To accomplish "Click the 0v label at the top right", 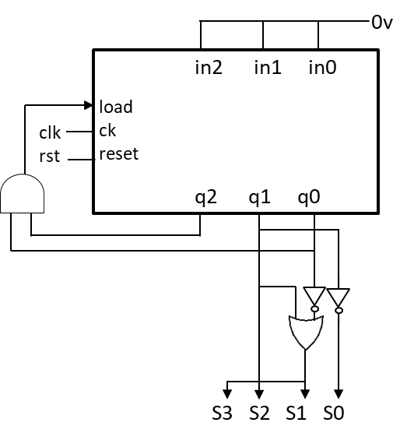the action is (x=382, y=23).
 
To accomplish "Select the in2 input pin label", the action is (x=209, y=67).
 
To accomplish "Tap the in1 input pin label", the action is (x=268, y=67).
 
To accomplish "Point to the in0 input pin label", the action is (x=322, y=67).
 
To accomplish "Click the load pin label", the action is (x=116, y=107).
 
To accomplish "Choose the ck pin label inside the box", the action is (x=107, y=130).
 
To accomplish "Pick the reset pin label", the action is (x=119, y=153).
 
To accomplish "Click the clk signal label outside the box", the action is (x=50, y=132).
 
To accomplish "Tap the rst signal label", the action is (x=50, y=156).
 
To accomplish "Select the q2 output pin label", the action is (x=206, y=198).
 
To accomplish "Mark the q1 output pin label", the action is (x=259, y=198).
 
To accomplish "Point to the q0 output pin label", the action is (x=308, y=198).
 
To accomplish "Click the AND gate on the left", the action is (x=22, y=194).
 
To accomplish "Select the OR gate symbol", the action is (x=306, y=333).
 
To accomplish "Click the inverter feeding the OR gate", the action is (x=314, y=299).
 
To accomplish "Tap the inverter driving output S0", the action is (x=339, y=301).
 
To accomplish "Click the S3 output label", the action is (x=222, y=413).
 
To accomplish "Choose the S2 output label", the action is (x=259, y=413).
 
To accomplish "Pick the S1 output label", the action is (x=296, y=413).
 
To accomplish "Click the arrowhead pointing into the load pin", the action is (x=89, y=105).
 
